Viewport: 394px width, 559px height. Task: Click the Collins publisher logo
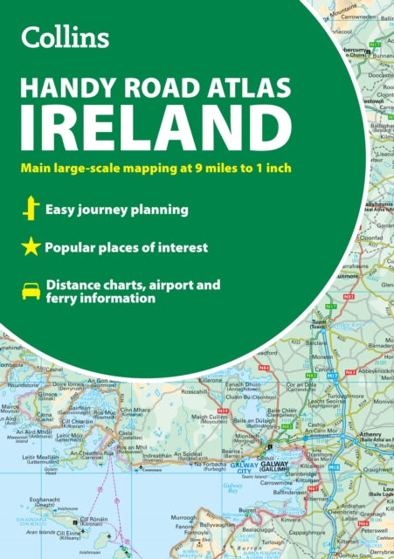[66, 37]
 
